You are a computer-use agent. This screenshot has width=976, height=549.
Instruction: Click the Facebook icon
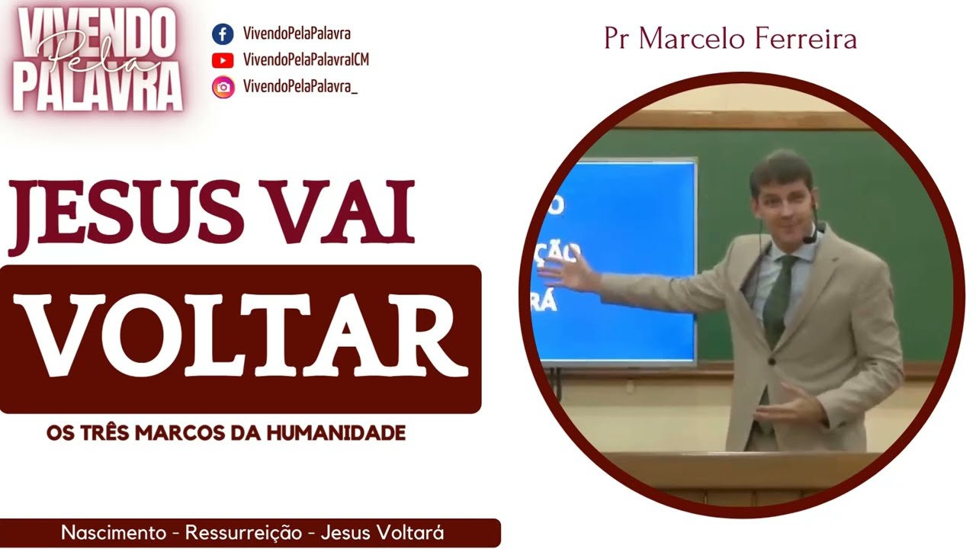(223, 34)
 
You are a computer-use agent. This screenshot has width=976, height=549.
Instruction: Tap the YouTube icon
(223, 60)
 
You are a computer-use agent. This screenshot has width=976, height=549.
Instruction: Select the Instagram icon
(223, 87)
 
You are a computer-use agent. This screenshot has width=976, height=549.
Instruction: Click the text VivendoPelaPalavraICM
(306, 60)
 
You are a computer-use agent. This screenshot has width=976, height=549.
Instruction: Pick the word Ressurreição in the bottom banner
(244, 533)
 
